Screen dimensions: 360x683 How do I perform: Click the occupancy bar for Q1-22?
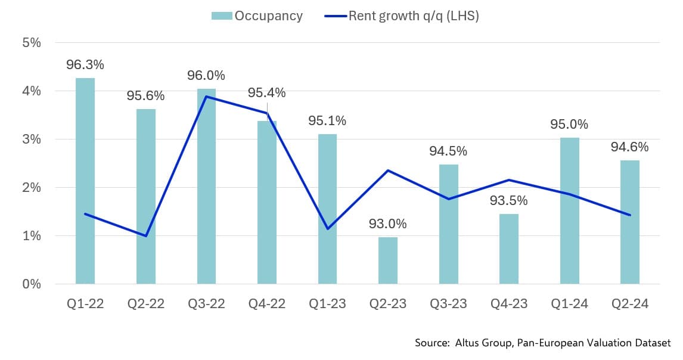(85, 181)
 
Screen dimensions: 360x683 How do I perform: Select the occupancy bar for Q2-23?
(388, 260)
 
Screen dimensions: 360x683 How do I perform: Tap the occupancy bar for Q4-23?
(509, 249)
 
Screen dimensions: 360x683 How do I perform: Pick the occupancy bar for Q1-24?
(569, 210)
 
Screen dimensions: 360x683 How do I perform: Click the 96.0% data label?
(206, 76)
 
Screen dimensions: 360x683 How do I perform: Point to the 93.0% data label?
(388, 224)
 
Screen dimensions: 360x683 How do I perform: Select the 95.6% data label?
(145, 96)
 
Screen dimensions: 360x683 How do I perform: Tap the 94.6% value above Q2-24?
(630, 147)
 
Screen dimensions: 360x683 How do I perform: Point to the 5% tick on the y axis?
(32, 43)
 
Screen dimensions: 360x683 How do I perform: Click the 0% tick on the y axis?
(32, 284)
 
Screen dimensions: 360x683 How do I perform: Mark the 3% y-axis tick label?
(32, 139)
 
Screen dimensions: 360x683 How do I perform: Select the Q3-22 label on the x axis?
(206, 304)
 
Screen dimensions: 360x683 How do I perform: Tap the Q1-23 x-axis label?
(327, 304)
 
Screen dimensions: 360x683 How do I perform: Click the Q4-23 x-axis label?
(509, 304)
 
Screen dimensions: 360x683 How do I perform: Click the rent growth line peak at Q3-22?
(206, 96)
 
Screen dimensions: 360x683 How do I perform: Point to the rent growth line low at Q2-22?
(145, 236)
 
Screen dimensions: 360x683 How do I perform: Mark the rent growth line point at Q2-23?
(388, 170)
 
